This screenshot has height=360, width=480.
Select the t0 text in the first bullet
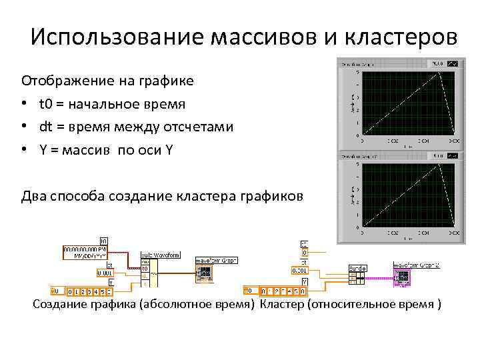click(46, 104)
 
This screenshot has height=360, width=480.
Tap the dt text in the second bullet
click(45, 127)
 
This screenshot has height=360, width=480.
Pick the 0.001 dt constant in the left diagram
click(105, 273)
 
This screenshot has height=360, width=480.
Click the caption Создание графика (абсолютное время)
click(143, 305)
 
